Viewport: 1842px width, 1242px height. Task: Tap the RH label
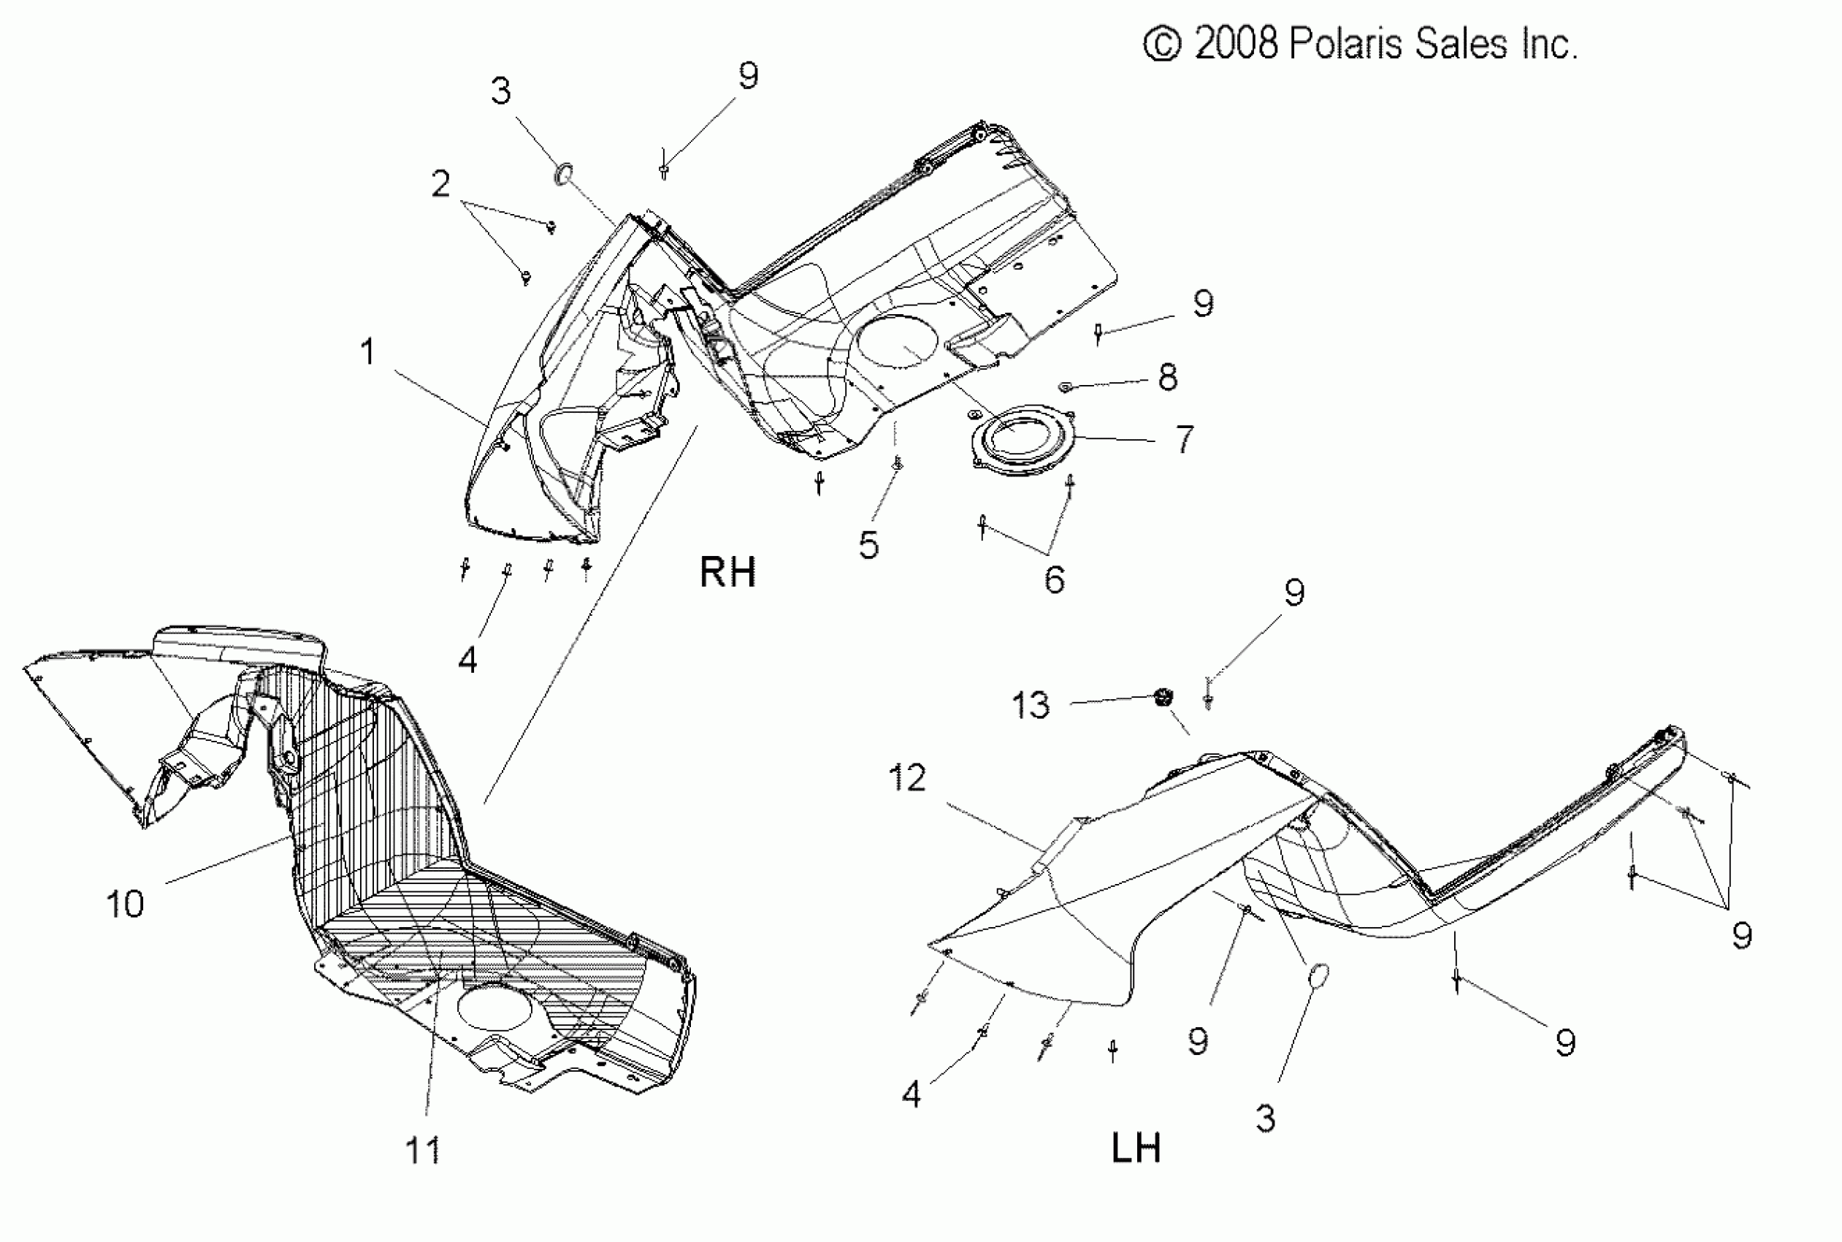[x=727, y=572]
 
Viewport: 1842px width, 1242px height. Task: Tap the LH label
[x=1136, y=1148]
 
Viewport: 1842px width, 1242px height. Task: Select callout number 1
[x=367, y=351]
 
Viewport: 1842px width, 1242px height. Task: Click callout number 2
[x=440, y=184]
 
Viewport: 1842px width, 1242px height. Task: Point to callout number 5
[x=868, y=545]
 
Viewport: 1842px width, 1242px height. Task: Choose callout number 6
[x=1054, y=580]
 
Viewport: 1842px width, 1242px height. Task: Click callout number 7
[x=1184, y=439]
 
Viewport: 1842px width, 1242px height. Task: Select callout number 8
[x=1167, y=377]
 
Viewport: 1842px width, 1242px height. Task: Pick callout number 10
[x=125, y=904]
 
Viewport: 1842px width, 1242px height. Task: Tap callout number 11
[x=423, y=1150]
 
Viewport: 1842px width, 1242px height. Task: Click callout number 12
[x=908, y=778]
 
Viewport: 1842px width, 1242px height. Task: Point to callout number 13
[x=1031, y=705]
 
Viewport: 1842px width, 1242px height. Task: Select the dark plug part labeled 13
[x=1163, y=698]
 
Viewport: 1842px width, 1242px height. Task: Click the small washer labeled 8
[x=1066, y=386]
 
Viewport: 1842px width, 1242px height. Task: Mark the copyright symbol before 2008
[x=1163, y=44]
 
